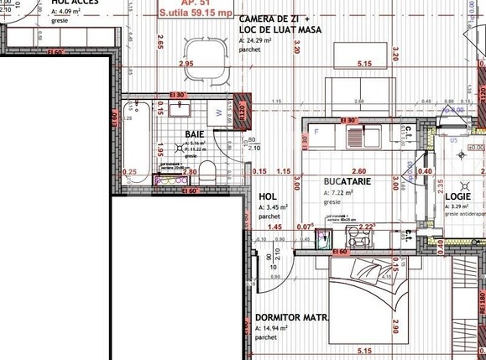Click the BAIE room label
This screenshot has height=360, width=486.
pyautogui.click(x=195, y=134)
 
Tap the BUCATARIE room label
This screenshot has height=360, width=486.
pyautogui.click(x=348, y=180)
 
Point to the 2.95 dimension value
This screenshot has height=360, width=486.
pyautogui.click(x=186, y=64)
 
